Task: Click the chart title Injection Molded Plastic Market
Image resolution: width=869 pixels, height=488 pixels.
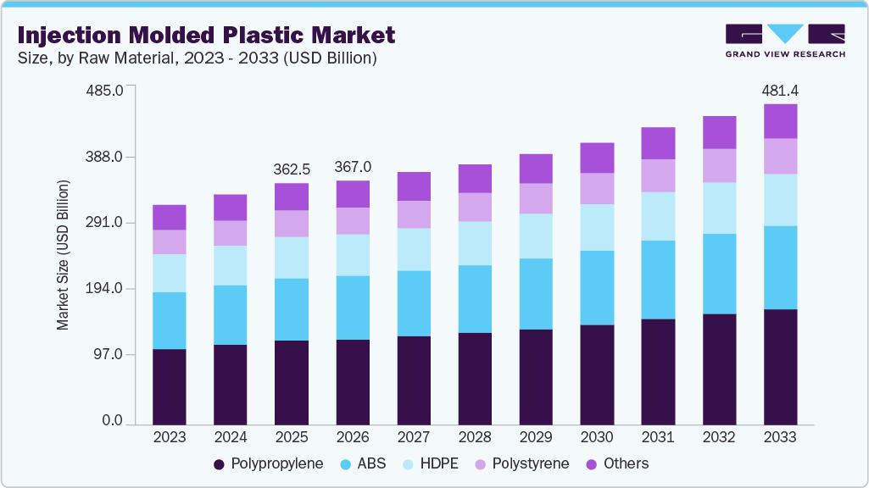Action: tap(206, 35)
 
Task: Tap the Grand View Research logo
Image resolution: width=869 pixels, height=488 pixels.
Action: tap(784, 40)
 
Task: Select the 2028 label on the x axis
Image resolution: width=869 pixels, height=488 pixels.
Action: tap(475, 437)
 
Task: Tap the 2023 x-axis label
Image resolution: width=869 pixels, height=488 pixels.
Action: tap(169, 437)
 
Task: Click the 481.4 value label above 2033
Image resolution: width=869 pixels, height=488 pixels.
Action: tap(780, 90)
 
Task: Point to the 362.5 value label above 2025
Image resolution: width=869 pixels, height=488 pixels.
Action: tap(292, 169)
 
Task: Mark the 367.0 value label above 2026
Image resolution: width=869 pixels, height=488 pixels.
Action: tap(353, 166)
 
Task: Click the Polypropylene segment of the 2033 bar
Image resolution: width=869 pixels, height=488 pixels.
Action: tap(780, 367)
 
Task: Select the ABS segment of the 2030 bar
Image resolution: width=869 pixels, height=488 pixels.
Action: tap(597, 288)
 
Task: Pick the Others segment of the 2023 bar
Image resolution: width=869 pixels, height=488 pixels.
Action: tap(169, 218)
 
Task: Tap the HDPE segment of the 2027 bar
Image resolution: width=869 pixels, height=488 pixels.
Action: tap(414, 249)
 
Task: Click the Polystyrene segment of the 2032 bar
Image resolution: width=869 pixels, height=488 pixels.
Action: tap(719, 165)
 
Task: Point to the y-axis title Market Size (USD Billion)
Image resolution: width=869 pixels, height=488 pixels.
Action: tap(63, 255)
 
